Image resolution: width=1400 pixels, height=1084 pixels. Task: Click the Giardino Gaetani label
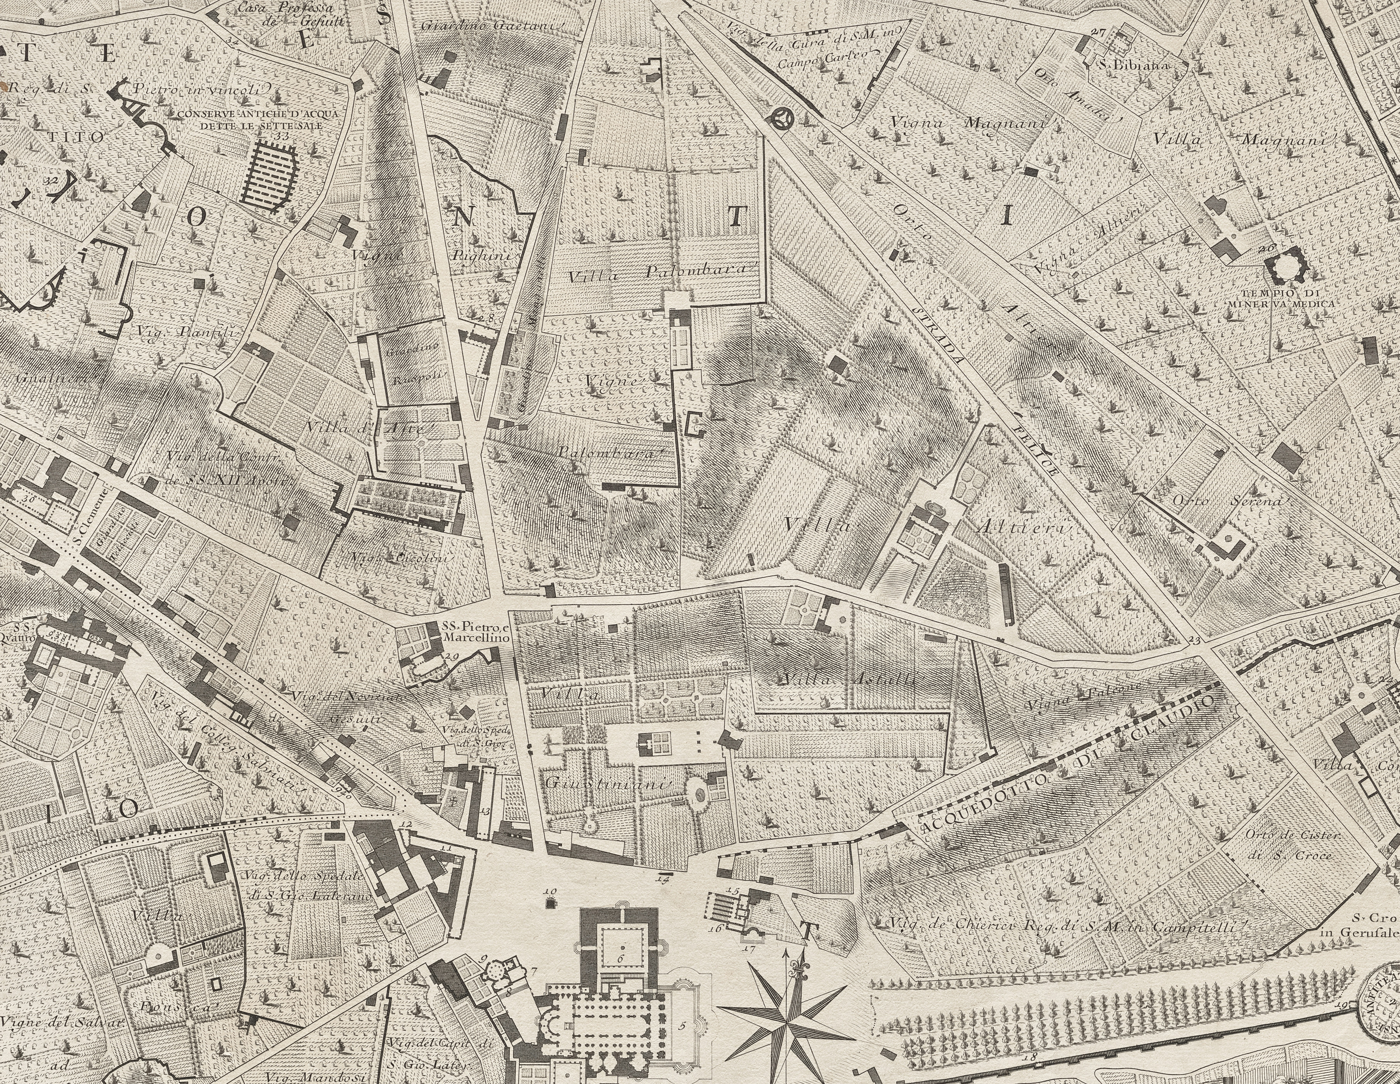coord(492,26)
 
